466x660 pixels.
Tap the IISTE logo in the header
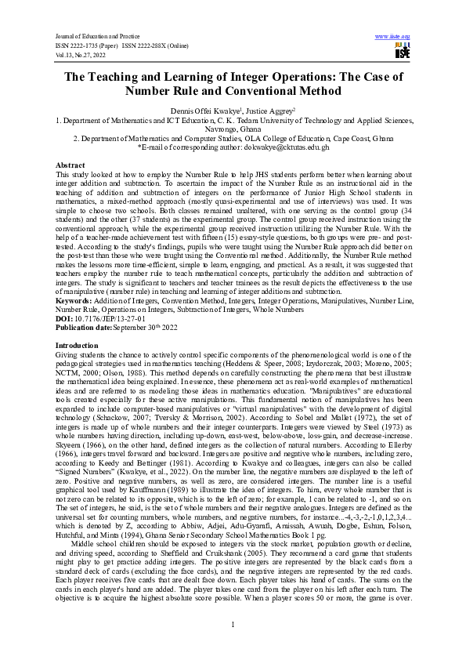403,52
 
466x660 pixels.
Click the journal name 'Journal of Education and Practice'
92,36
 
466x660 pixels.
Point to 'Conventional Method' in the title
276,91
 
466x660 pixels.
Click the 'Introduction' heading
76,344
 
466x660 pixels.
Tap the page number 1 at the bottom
233,623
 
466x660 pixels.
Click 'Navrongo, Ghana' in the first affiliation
233,129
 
